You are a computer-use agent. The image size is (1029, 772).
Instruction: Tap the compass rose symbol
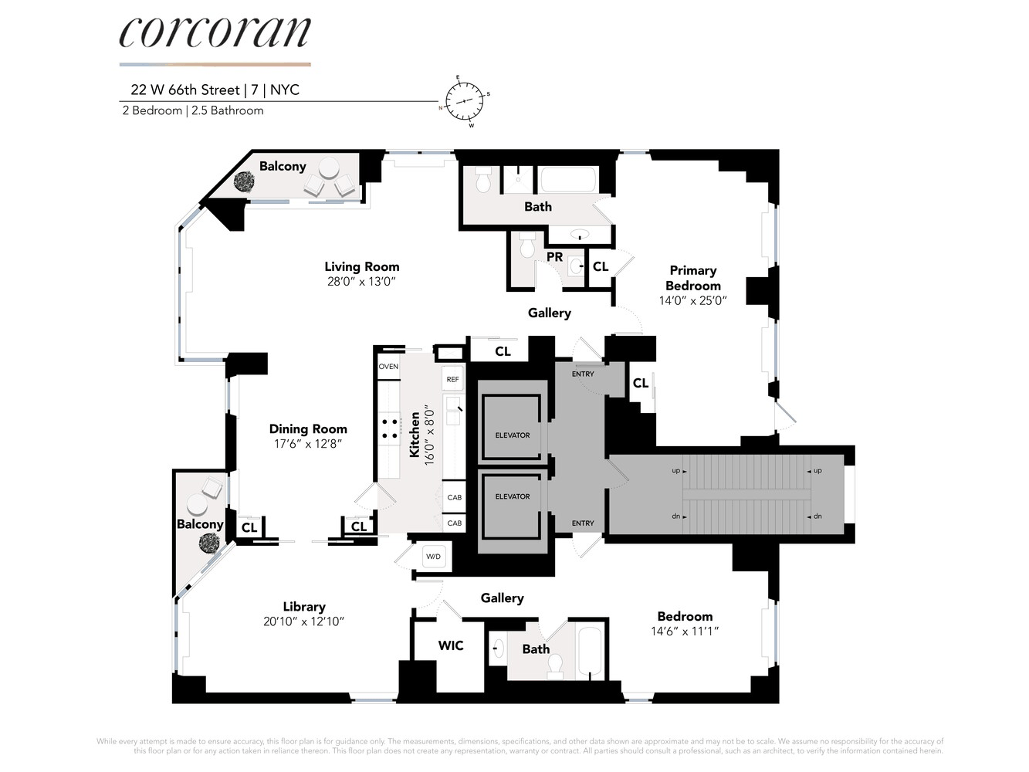click(464, 101)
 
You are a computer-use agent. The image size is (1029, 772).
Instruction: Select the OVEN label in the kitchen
click(388, 367)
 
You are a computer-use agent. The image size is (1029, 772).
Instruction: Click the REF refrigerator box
click(453, 379)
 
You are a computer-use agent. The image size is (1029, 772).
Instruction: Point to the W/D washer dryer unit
click(434, 557)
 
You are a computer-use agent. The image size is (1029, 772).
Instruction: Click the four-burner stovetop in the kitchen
click(390, 428)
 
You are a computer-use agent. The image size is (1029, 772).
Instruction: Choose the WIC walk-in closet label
click(451, 645)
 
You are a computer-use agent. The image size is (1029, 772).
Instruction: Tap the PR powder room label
click(554, 257)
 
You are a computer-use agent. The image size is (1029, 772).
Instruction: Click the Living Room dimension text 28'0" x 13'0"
click(361, 281)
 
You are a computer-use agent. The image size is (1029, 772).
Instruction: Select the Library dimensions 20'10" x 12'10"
click(304, 621)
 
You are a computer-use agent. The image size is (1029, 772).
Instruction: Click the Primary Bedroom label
click(693, 278)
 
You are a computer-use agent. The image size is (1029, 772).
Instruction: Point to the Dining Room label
click(308, 429)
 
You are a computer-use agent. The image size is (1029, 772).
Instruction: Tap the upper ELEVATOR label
click(513, 435)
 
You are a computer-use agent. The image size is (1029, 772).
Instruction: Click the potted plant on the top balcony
click(244, 181)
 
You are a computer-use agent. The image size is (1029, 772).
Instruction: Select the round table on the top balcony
click(329, 168)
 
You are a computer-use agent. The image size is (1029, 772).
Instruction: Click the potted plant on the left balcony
click(209, 543)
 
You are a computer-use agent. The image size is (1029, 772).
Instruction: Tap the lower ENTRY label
click(583, 523)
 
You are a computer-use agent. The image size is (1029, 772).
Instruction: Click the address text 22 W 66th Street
click(185, 90)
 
